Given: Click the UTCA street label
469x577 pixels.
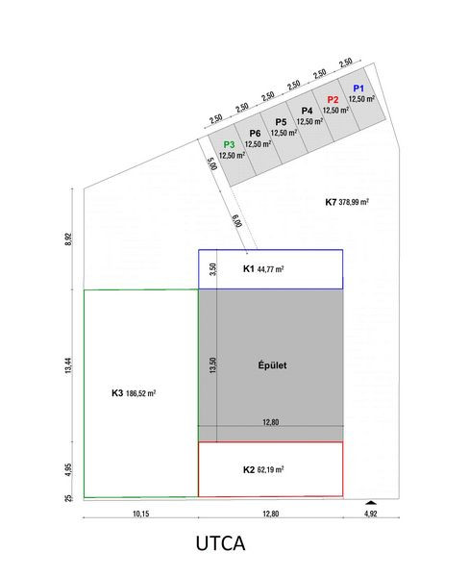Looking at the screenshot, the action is (x=220, y=543).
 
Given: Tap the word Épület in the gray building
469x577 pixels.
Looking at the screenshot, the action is (x=272, y=365).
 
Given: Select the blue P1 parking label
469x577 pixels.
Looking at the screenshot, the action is (x=358, y=88).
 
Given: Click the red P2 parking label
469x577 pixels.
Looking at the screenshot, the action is (x=333, y=100).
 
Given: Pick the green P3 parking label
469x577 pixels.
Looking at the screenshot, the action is (x=229, y=144).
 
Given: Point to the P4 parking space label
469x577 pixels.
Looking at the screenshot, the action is (x=307, y=111).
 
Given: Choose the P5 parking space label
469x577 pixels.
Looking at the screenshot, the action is (x=281, y=122).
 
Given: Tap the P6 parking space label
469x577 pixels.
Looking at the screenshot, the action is (x=255, y=134).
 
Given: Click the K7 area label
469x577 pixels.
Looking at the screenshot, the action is (x=331, y=202).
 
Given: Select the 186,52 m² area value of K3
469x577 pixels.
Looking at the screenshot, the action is (x=141, y=393).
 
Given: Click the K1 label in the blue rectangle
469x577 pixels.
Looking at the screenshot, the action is (x=248, y=268).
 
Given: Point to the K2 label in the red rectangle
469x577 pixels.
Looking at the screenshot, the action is (x=249, y=469).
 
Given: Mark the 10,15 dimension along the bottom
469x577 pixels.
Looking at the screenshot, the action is (x=141, y=514).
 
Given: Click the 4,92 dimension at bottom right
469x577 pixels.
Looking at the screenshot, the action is (x=370, y=514).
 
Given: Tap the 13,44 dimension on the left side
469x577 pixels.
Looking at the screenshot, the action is (x=68, y=365).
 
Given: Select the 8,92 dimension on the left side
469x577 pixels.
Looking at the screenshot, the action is (x=68, y=239).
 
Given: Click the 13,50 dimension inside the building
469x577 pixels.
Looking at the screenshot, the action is (x=212, y=365).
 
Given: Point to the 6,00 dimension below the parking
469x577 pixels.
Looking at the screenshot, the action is (x=237, y=221).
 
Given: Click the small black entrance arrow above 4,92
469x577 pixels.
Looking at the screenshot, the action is (x=371, y=502).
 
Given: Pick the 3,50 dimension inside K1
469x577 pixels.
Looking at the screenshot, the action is (x=212, y=269).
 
